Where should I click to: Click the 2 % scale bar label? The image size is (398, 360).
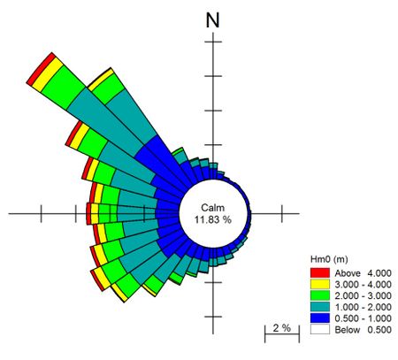click(281, 328)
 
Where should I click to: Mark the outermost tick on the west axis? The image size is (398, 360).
click(41, 212)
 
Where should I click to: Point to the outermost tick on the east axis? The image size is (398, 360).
click(281, 212)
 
